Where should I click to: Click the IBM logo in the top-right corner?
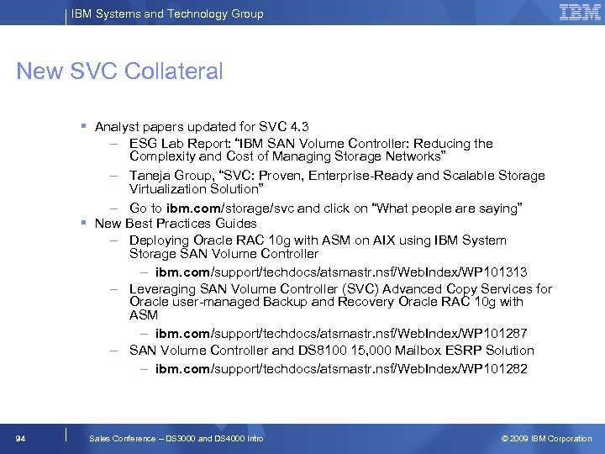tap(580, 12)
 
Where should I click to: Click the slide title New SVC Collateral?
tap(119, 71)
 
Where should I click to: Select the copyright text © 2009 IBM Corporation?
tap(546, 438)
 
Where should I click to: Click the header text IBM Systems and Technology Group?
tap(167, 13)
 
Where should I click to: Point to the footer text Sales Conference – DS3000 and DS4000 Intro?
tap(176, 438)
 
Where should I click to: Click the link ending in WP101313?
tap(341, 272)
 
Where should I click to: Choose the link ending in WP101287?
tap(341, 334)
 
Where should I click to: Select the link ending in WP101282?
tap(341, 369)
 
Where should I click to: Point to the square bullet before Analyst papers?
tap(84, 126)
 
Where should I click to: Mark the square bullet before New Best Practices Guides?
tap(84, 223)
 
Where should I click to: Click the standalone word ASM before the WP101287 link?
tap(144, 315)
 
